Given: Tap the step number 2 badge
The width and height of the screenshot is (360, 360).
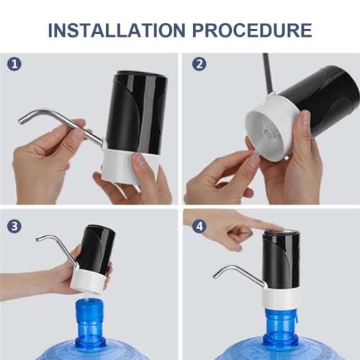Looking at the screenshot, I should [199, 64].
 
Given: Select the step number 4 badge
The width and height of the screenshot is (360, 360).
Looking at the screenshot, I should [199, 225].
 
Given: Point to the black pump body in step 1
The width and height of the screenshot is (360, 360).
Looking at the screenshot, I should [136, 108].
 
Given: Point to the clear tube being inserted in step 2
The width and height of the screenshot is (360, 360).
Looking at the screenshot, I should [255, 148].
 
